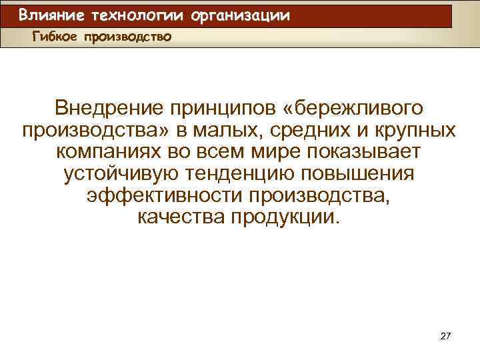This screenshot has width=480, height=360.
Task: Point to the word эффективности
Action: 165,196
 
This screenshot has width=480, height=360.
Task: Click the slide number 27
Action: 445,337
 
